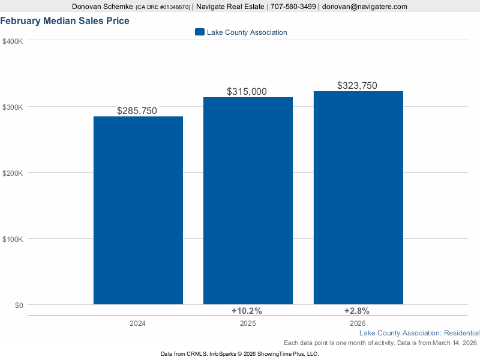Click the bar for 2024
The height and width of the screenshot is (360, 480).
[138, 210]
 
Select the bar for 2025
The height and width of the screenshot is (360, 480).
[248, 201]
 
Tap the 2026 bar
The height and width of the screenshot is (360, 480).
[358, 198]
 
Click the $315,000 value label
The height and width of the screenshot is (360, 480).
[247, 92]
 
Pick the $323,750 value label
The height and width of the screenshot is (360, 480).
[357, 86]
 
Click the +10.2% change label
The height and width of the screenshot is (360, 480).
[247, 311]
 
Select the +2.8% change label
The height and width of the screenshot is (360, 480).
[356, 311]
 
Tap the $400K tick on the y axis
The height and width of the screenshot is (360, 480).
[13, 41]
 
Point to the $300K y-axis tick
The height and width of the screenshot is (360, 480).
[13, 107]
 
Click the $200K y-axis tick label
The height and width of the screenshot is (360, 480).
[13, 173]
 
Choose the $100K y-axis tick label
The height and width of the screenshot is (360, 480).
[13, 239]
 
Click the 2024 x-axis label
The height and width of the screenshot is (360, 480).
[137, 323]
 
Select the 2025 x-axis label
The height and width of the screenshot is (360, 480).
[248, 323]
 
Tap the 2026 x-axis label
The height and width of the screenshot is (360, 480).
[358, 323]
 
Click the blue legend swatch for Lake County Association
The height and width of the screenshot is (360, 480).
[200, 32]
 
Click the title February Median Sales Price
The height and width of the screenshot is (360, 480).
[65, 21]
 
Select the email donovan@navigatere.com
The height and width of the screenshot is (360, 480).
[364, 7]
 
